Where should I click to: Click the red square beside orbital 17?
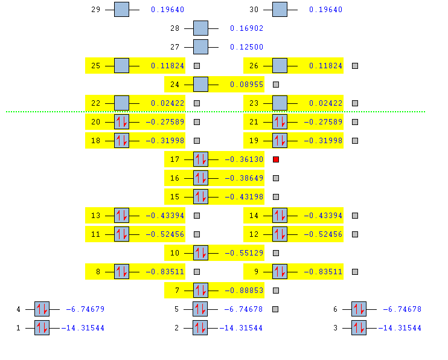(276, 159)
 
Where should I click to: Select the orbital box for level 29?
(121, 10)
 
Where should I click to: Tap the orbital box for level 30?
(280, 10)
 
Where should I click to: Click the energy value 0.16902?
(246, 28)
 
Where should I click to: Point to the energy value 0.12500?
(246, 47)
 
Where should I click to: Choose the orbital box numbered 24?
(200, 85)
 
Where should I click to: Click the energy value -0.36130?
(244, 159)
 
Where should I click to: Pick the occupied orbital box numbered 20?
(121, 122)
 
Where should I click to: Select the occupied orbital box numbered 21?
(280, 122)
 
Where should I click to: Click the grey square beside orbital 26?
(355, 66)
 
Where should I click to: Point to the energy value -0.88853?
(244, 291)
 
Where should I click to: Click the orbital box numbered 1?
(42, 328)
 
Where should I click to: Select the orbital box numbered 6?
(359, 309)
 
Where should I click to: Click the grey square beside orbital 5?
(275, 309)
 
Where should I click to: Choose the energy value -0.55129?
(244, 253)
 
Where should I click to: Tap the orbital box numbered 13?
(121, 216)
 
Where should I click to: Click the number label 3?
(335, 328)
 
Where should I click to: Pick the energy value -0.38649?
(244, 178)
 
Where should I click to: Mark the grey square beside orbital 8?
(197, 272)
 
